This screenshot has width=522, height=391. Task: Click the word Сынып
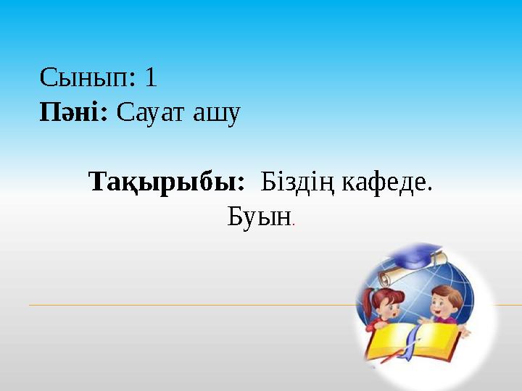coord(87,78)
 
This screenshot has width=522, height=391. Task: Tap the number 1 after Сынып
coord(151,77)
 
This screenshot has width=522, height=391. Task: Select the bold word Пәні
coord(73,112)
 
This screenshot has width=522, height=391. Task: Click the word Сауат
coord(150,113)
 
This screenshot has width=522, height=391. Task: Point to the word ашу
coord(217,114)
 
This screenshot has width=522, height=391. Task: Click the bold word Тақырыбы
coord(167,182)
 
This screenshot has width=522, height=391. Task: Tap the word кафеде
coord(387,182)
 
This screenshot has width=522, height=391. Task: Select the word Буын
coord(259,216)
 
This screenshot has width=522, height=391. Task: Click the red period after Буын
coord(294,224)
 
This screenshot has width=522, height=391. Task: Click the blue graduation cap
coord(415,255)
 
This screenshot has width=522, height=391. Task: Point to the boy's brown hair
coord(447,294)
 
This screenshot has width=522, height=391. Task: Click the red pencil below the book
coord(393,356)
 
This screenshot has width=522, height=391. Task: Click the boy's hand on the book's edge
coord(465,331)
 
